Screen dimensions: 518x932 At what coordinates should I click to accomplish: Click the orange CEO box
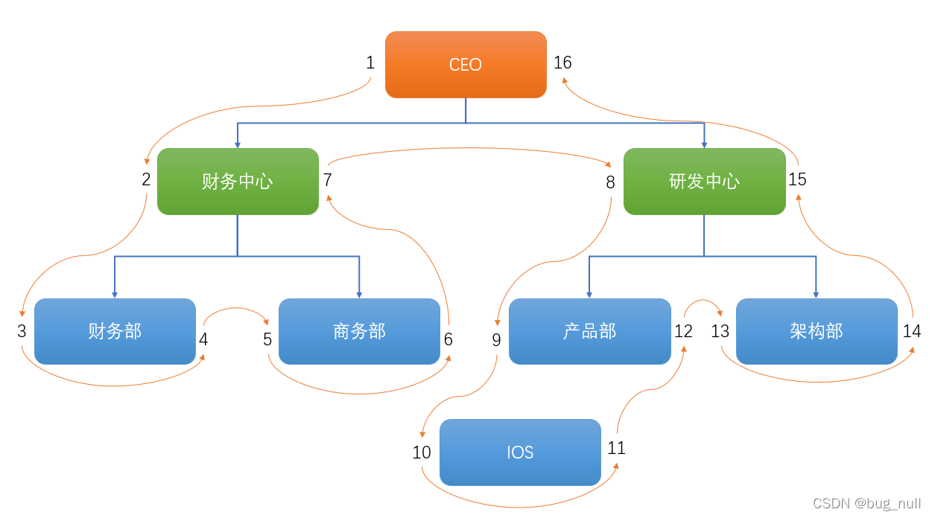click(466, 65)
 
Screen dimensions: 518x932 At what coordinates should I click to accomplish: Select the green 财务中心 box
click(238, 182)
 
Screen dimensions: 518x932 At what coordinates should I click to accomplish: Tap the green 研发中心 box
click(704, 182)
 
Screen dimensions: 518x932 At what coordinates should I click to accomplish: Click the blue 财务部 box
click(115, 331)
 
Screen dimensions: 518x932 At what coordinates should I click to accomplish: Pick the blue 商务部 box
click(359, 331)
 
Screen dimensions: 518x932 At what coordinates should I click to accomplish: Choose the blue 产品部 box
click(589, 331)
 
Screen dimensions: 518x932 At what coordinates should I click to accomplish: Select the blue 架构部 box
click(817, 331)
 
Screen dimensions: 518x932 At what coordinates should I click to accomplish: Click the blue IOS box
click(520, 453)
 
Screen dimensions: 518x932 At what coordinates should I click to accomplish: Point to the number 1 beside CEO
click(370, 63)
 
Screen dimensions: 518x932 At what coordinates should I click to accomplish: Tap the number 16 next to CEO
click(562, 63)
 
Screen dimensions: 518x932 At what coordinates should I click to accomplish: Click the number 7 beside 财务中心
click(328, 179)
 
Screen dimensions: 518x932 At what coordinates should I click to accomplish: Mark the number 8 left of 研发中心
click(610, 182)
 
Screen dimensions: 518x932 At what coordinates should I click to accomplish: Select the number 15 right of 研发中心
click(797, 179)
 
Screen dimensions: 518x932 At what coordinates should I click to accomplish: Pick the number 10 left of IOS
click(422, 453)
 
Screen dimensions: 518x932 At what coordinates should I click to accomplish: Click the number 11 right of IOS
click(616, 448)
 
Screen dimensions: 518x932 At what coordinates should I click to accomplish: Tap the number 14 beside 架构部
click(912, 332)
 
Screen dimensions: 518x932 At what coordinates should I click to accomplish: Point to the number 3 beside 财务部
click(22, 331)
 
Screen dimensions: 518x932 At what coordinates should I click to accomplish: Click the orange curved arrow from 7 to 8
click(469, 148)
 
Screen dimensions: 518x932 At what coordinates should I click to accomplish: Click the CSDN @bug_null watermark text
click(866, 503)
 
